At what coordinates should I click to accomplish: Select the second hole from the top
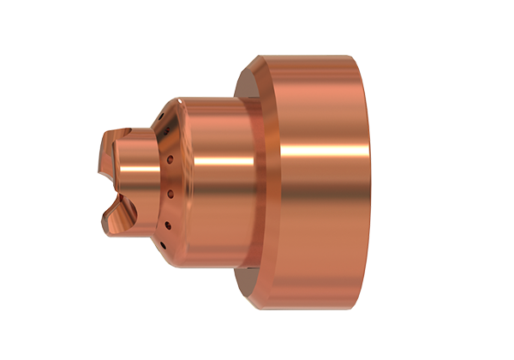[165, 133]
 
